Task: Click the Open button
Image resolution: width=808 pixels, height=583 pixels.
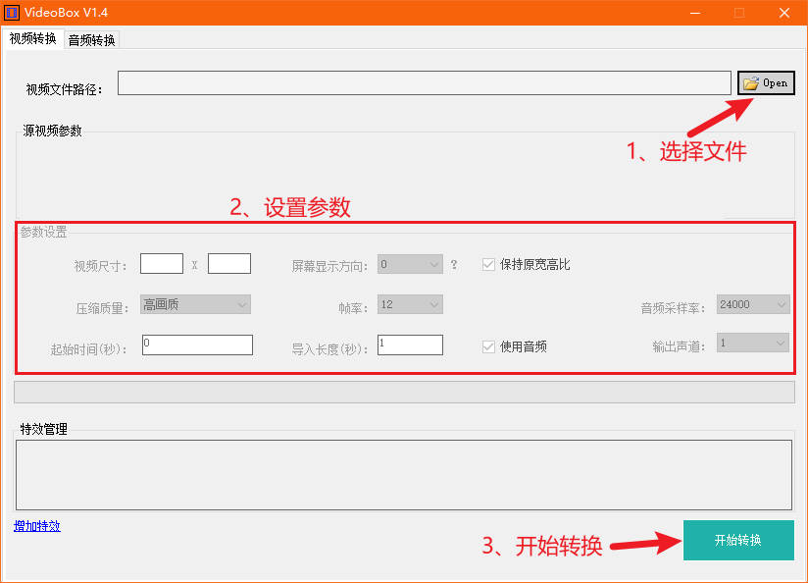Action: (x=766, y=83)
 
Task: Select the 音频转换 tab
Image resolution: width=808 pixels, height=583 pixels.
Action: (x=91, y=40)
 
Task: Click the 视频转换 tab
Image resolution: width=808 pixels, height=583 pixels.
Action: (x=32, y=39)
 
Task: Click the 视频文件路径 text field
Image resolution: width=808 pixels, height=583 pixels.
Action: (x=424, y=83)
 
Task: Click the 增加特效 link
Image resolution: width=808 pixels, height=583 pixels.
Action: (x=37, y=526)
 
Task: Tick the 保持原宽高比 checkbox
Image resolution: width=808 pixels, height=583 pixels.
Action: (x=488, y=264)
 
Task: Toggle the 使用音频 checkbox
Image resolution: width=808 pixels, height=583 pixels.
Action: (x=488, y=345)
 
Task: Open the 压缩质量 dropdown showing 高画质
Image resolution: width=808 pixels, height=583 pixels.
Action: (x=195, y=304)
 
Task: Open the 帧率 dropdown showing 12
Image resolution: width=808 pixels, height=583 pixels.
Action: (x=410, y=304)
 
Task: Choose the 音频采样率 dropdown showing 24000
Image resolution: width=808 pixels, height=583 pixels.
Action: (x=752, y=304)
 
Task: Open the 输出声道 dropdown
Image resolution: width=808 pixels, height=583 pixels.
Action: (x=752, y=344)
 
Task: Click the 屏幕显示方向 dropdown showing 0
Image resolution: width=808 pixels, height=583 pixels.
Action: (x=410, y=264)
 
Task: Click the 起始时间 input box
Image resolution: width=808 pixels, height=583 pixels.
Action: (x=197, y=344)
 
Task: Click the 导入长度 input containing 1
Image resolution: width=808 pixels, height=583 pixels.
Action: (x=410, y=344)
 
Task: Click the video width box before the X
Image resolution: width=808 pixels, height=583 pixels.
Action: (x=162, y=263)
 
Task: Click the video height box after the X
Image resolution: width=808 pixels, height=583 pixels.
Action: (x=229, y=263)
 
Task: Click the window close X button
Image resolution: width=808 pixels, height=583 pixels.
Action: (x=783, y=14)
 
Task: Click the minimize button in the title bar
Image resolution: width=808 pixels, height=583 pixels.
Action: (x=694, y=14)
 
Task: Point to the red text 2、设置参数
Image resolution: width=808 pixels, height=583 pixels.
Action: (x=290, y=207)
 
